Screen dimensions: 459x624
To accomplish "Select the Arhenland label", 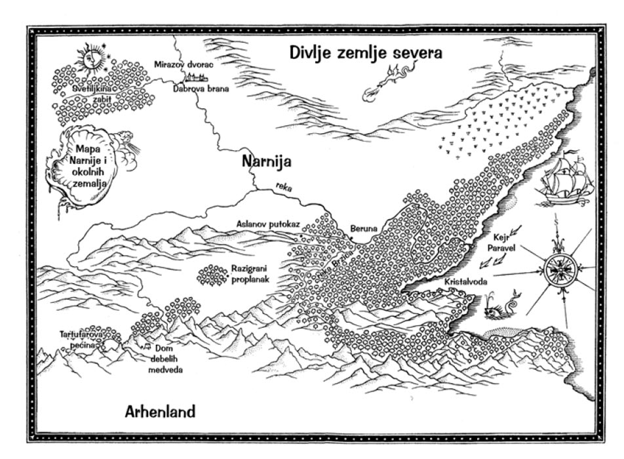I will click(x=160, y=412).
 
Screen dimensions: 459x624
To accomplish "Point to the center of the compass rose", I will click(x=559, y=269).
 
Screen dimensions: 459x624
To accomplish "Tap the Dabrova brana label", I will click(x=201, y=89).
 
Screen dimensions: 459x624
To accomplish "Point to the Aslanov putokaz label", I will click(x=268, y=224).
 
